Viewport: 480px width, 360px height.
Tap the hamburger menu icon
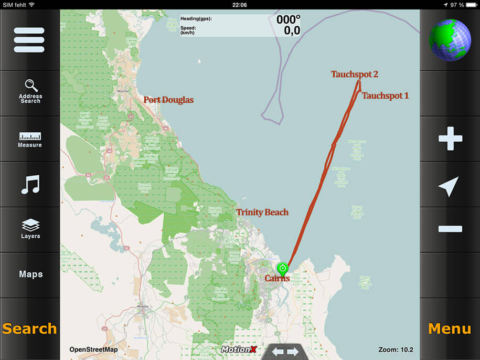29,40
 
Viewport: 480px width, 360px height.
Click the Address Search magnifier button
30,91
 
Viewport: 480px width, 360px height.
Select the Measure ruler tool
30,139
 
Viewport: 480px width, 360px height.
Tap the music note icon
30,185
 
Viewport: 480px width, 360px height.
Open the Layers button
30,229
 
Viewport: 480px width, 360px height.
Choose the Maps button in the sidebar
30,274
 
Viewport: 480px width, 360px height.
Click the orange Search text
29,329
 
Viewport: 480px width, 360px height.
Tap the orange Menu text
450,329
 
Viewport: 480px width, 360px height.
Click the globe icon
450,40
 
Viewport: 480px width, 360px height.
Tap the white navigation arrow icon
449,186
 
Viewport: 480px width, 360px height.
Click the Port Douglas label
168,100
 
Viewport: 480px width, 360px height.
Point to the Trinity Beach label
262,213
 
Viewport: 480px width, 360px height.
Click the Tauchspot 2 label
354,75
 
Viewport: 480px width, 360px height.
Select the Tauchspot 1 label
385,96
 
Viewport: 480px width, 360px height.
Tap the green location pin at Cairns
283,269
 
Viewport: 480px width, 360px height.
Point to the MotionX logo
239,350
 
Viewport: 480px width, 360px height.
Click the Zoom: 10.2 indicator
396,350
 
